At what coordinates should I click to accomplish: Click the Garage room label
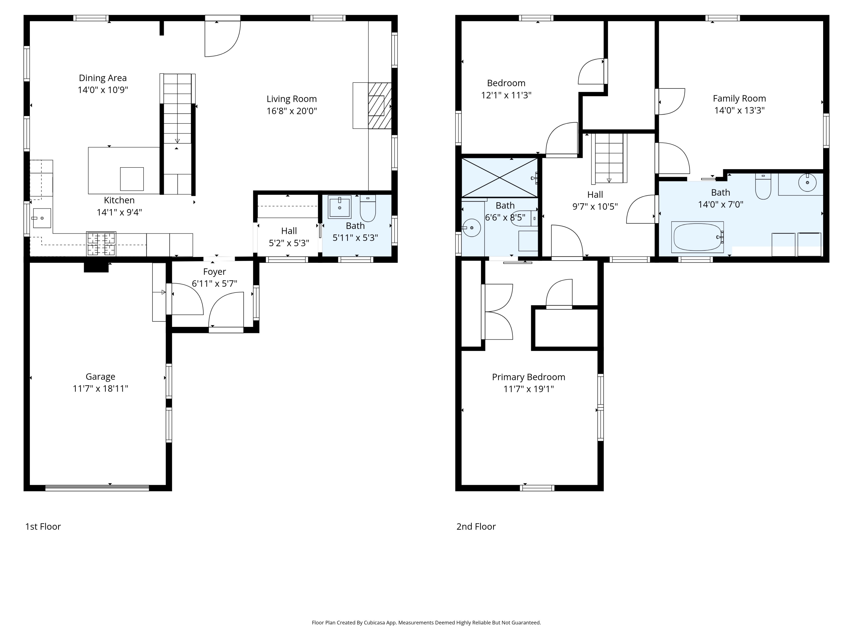coord(100,377)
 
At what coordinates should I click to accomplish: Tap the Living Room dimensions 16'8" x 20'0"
coord(291,111)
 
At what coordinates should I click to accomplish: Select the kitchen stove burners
coord(101,244)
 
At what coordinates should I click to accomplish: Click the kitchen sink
coord(42,218)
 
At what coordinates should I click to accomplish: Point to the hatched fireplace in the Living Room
coord(380,106)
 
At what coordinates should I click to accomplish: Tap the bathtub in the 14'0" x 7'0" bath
coord(697,237)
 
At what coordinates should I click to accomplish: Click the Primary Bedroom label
coord(528,377)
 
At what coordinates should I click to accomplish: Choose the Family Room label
coord(739,98)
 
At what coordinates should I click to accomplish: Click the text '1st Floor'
coord(43,527)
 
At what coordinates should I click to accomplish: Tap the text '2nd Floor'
coord(476,527)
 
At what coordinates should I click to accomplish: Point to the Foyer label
coord(214,272)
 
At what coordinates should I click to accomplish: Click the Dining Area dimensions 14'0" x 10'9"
coord(103,90)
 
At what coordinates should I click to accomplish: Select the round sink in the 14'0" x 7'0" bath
coord(807,183)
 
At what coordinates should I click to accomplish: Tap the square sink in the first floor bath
coord(339,207)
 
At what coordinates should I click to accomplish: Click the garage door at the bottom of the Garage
coord(97,488)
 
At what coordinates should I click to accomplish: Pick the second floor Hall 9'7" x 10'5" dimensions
coord(595,207)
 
